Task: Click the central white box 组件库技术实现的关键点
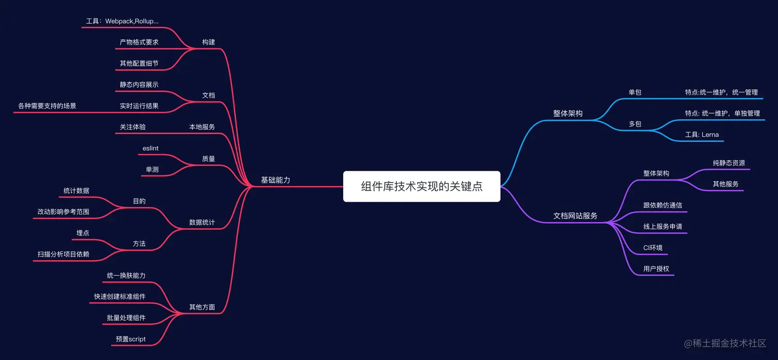[x=421, y=186]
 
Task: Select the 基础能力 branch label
[x=275, y=180]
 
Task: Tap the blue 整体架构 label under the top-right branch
[x=568, y=113]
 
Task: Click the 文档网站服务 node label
[x=575, y=216]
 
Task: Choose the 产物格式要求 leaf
[x=139, y=42]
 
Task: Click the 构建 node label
[x=208, y=42]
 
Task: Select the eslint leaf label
[x=150, y=149]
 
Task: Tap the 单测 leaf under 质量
[x=152, y=169]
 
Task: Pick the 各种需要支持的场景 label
[x=47, y=106]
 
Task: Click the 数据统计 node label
[x=202, y=223]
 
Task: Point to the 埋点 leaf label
[x=83, y=233]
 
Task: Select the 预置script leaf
[x=131, y=339]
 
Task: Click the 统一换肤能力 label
[x=126, y=276]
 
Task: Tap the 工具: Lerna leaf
[x=702, y=135]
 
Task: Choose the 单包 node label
[x=635, y=93]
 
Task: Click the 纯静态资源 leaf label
[x=729, y=163]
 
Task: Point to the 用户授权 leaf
[x=656, y=269]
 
